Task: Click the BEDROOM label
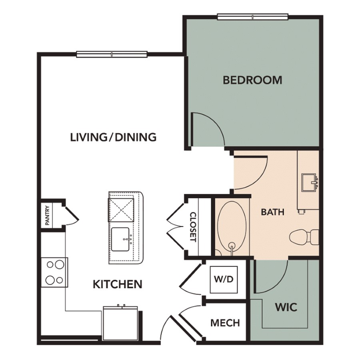pyautogui.click(x=252, y=80)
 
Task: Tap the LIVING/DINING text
pyautogui.click(x=113, y=137)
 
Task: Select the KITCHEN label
pyautogui.click(x=118, y=284)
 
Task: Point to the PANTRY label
pyautogui.click(x=47, y=215)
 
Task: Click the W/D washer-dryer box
pyautogui.click(x=224, y=279)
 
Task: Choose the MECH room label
pyautogui.click(x=225, y=323)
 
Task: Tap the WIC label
pyautogui.click(x=286, y=307)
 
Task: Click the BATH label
pyautogui.click(x=273, y=212)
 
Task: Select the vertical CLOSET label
pyautogui.click(x=193, y=227)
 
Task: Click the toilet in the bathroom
pyautogui.click(x=304, y=237)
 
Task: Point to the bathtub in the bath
pyautogui.click(x=232, y=228)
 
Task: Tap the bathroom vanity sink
pyautogui.click(x=310, y=183)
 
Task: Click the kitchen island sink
pyautogui.click(x=120, y=240)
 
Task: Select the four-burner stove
pyautogui.click(x=54, y=272)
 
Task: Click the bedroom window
pyautogui.click(x=252, y=17)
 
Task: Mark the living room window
pyautogui.click(x=112, y=54)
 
